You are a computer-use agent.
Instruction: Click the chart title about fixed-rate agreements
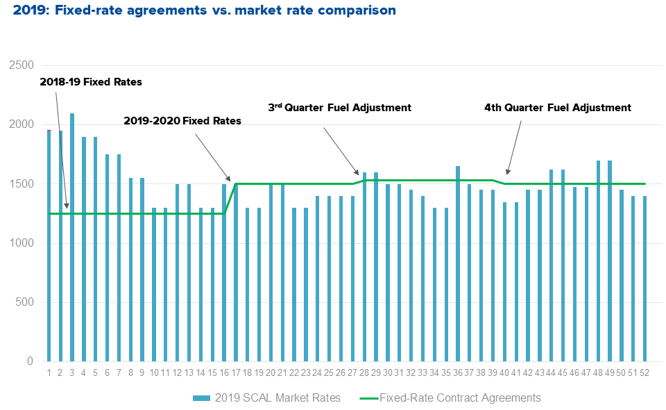[x=205, y=10]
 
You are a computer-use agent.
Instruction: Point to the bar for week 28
[x=364, y=267]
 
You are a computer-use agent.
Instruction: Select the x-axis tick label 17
[x=236, y=372]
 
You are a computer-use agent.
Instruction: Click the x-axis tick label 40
[x=504, y=372]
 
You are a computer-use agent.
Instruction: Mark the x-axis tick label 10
[x=154, y=372]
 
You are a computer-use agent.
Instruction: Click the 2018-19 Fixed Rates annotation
[x=91, y=82]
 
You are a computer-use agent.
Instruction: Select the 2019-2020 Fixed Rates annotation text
[x=182, y=121]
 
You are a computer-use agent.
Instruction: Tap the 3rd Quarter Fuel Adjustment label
[x=340, y=108]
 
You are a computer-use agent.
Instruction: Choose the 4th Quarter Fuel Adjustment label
[x=558, y=108]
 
